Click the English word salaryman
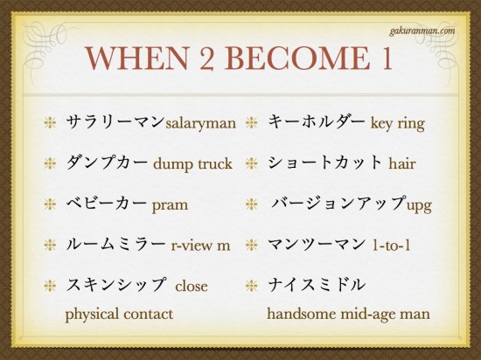pos(200,123)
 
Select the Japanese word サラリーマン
pos(115,121)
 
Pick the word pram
pos(169,204)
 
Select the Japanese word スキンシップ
pos(115,285)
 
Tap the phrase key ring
pos(398,123)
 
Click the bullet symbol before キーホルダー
pos(251,122)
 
